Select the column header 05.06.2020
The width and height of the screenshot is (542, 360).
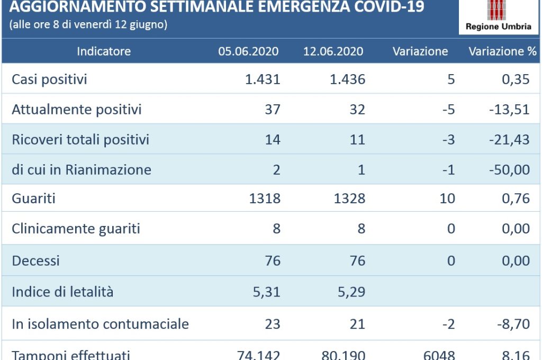tap(249, 51)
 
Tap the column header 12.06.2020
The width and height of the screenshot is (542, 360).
tap(333, 51)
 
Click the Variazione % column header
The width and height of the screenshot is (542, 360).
tap(502, 51)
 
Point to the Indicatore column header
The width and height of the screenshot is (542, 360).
tap(104, 51)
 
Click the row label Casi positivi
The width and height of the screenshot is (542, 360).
tap(49, 79)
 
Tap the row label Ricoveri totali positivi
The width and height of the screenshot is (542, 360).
tap(80, 139)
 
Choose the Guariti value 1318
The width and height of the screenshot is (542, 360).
tap(265, 199)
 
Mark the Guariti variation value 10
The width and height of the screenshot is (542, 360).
tap(447, 199)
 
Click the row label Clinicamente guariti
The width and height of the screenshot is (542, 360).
tap(76, 229)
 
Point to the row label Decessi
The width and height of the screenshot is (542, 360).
tap(35, 260)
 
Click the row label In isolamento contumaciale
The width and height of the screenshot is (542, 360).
tap(100, 323)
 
